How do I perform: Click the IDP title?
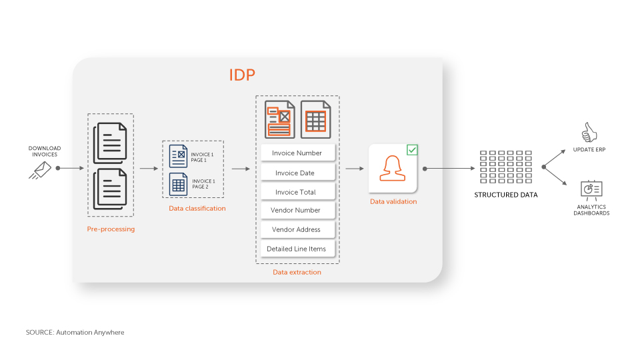click(242, 75)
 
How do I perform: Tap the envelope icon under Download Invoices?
click(40, 170)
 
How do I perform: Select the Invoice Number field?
click(297, 153)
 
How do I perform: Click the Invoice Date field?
click(297, 173)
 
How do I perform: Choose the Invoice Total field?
click(297, 192)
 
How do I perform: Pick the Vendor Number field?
click(297, 211)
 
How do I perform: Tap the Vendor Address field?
click(297, 229)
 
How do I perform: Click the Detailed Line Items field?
click(297, 249)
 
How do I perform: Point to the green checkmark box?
click(412, 150)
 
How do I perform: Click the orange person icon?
click(393, 169)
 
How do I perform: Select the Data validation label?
click(393, 201)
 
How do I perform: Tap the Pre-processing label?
click(111, 229)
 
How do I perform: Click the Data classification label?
click(197, 209)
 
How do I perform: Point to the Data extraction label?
click(297, 272)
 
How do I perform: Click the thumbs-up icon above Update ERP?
click(589, 132)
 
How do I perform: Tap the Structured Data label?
click(505, 195)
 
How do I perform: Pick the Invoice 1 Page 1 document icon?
click(179, 156)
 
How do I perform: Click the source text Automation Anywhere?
click(75, 332)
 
